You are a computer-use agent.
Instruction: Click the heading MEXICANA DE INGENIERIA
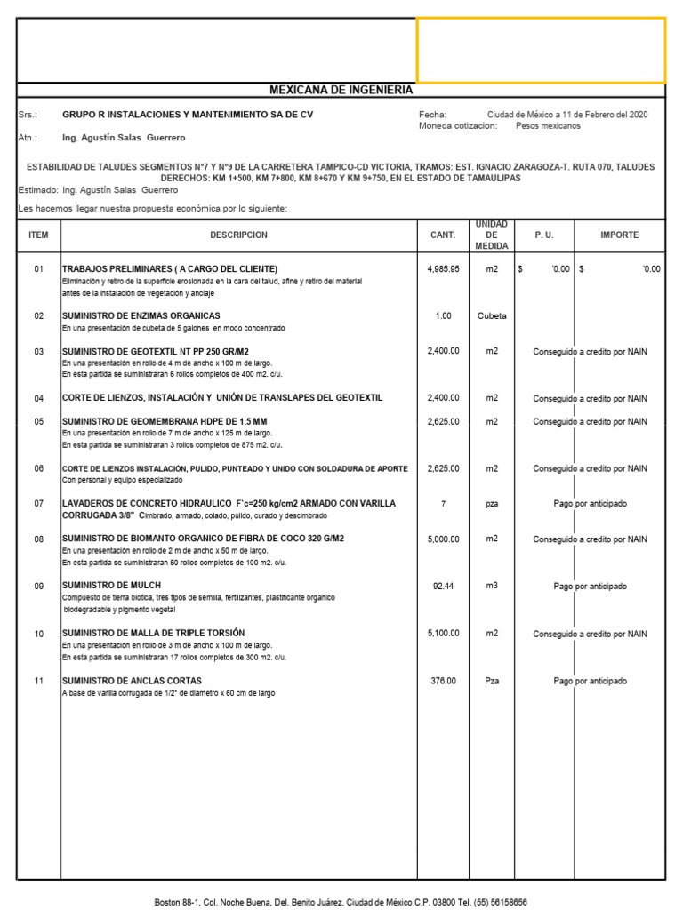[341, 90]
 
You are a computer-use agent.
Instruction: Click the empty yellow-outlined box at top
[541, 50]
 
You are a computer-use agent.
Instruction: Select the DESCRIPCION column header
[238, 235]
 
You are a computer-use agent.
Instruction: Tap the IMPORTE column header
[619, 235]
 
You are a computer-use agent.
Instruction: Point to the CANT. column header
[443, 235]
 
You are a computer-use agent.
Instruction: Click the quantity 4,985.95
[443, 268]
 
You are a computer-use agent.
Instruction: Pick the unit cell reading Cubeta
[492, 315]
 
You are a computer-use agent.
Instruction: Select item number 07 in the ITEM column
[38, 504]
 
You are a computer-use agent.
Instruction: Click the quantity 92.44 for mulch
[443, 587]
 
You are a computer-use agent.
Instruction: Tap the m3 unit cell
[492, 587]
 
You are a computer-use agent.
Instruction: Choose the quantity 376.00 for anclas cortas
[443, 681]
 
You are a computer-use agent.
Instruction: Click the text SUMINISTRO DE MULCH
[109, 587]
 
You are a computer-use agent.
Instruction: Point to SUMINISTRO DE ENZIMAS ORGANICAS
[141, 315]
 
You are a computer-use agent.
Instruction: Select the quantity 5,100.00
[443, 634]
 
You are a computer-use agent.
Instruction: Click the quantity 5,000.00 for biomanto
[443, 539]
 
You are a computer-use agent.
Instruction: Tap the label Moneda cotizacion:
[458, 126]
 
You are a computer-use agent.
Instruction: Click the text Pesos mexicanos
[548, 126]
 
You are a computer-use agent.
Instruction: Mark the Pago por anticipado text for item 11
[590, 681]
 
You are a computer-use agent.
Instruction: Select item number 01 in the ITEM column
[38, 268]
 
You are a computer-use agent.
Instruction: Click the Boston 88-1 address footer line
[341, 901]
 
